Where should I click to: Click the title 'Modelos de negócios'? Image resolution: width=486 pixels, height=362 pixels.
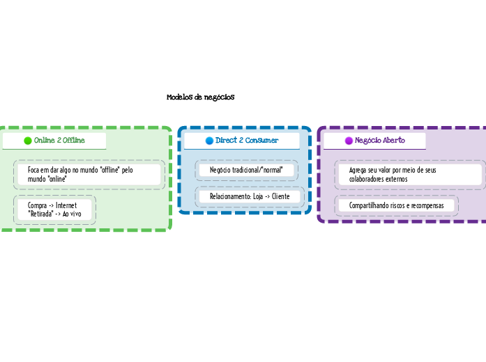click(200, 97)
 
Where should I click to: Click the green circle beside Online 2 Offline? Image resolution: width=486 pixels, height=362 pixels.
click(28, 141)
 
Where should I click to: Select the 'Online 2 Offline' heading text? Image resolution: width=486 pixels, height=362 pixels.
click(59, 141)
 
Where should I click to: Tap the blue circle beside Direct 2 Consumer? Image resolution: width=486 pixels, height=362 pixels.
click(209, 141)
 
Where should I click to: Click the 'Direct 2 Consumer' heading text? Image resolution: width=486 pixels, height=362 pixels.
click(247, 141)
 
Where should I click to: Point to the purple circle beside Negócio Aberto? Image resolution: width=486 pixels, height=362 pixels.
click(349, 141)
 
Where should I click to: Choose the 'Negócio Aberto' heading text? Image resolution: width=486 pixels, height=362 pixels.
click(380, 141)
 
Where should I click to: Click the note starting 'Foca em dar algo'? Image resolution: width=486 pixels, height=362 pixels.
click(80, 174)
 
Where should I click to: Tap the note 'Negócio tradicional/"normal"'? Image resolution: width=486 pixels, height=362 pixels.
click(246, 170)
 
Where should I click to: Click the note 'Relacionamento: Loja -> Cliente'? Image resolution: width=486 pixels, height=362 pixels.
click(249, 197)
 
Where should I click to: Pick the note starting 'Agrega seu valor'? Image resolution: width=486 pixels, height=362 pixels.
click(393, 174)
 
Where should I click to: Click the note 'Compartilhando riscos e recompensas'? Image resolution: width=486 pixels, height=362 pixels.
click(396, 205)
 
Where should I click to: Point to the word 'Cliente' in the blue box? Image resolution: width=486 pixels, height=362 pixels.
click(280, 197)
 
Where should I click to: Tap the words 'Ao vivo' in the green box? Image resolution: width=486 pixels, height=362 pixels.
click(72, 214)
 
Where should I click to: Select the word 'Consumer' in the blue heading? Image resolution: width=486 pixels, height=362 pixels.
click(261, 141)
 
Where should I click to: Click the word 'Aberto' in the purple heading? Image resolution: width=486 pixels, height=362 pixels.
click(394, 141)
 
